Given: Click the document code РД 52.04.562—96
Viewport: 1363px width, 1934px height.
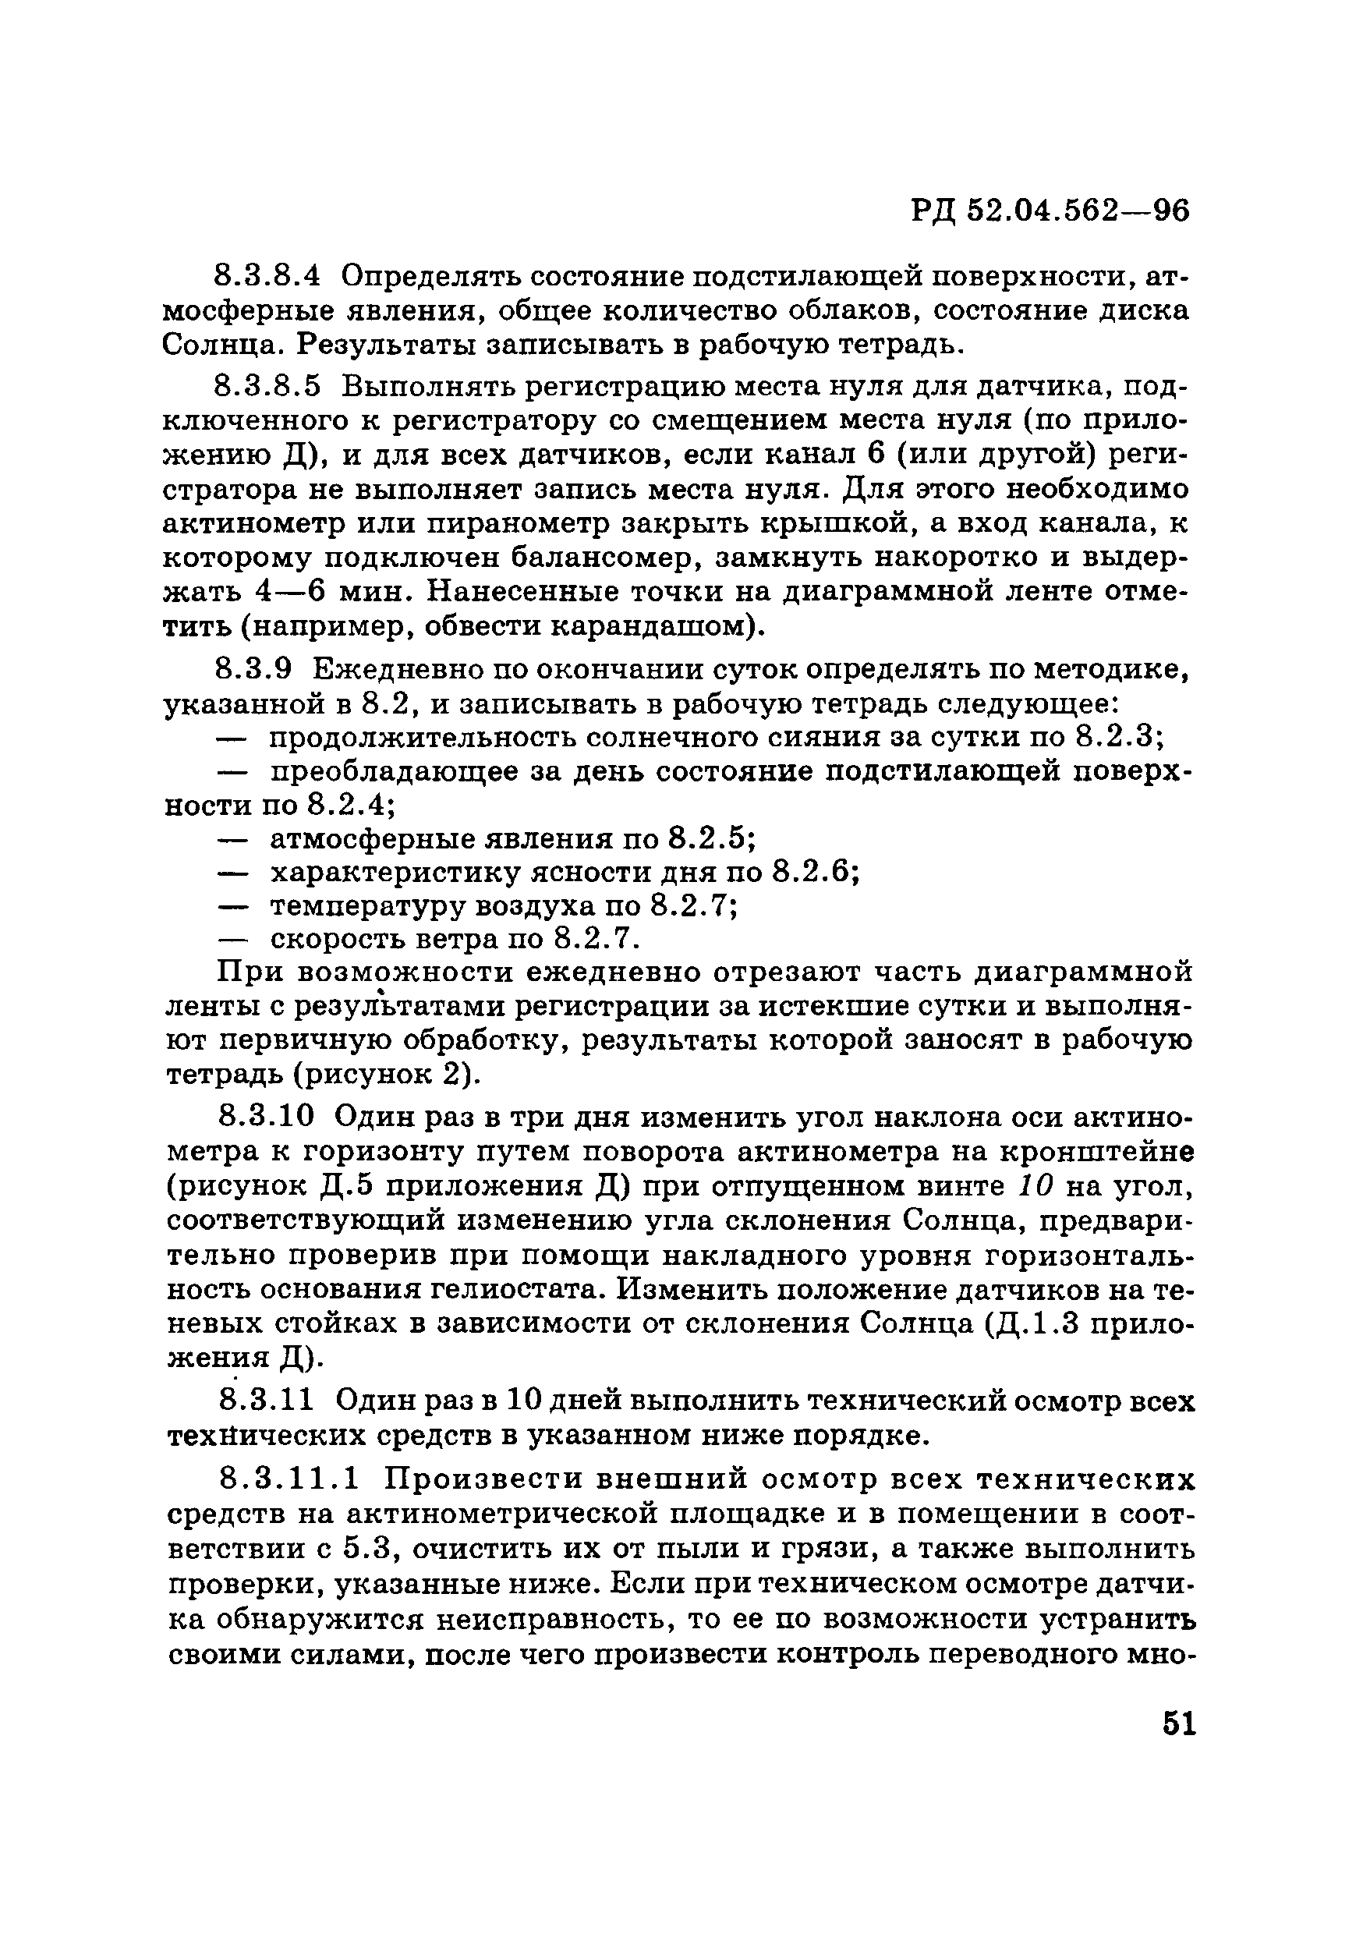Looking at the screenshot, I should (1050, 211).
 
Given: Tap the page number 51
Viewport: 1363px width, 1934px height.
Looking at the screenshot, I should (1178, 1724).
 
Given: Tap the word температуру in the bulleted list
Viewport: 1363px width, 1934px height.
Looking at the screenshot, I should (366, 905).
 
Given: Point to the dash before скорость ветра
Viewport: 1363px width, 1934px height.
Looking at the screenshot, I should (232, 938).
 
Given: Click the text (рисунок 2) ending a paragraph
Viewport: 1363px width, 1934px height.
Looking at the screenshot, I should (389, 1075).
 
